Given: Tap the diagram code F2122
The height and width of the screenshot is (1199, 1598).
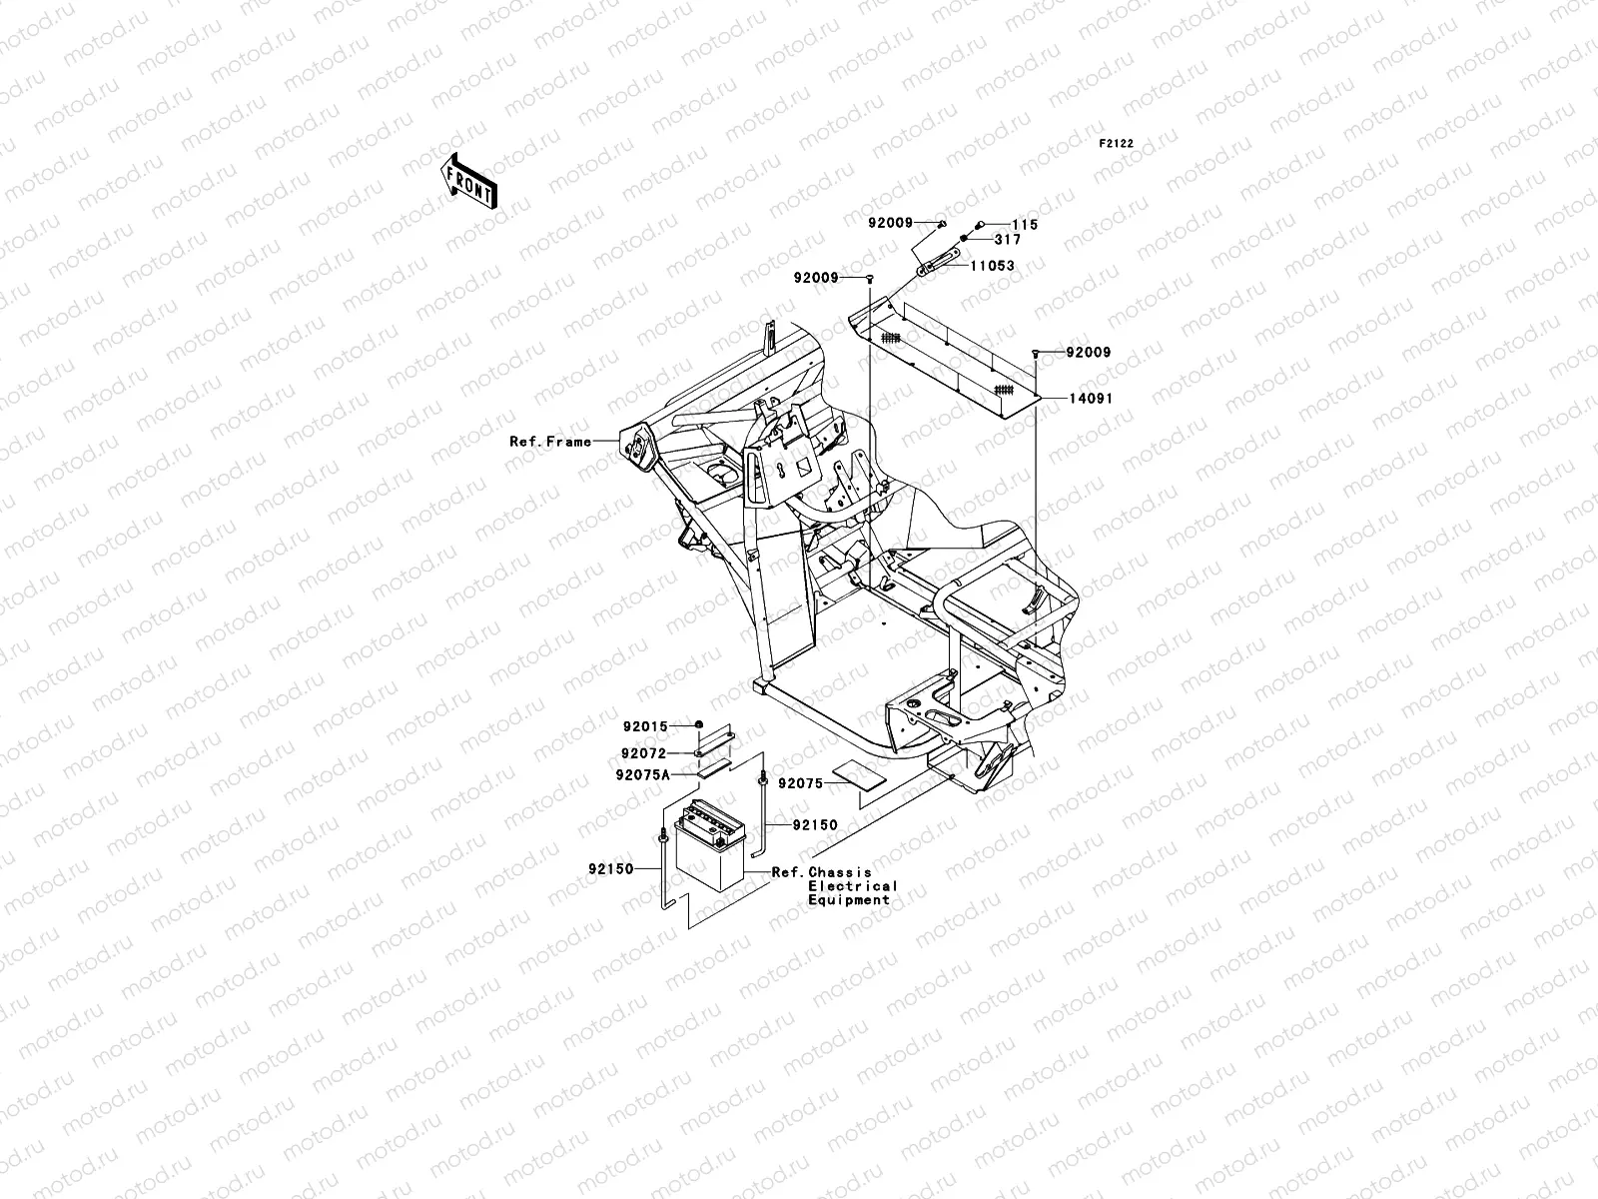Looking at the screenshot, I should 1117,144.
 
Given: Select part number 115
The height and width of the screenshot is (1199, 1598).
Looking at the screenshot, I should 1025,225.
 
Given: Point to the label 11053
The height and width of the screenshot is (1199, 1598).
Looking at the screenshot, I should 993,267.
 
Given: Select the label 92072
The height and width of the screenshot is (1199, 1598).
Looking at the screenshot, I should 644,753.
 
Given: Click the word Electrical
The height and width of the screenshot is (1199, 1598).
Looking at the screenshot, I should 852,886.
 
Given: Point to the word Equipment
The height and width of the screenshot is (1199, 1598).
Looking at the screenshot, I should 848,900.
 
